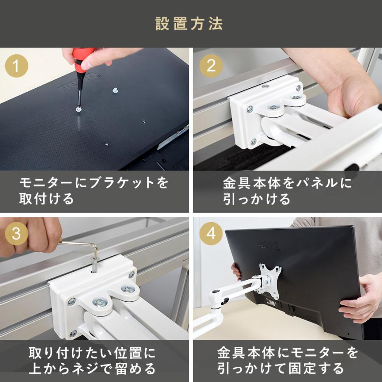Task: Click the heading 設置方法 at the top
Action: (189, 24)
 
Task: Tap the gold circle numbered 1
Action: (17, 66)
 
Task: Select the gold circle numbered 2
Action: (211, 66)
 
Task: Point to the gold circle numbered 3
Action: (17, 233)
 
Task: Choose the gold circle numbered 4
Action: (211, 233)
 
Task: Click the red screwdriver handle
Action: (82, 60)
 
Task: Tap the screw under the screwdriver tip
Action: (79, 109)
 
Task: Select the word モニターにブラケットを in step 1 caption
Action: (94, 183)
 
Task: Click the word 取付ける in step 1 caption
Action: (46, 199)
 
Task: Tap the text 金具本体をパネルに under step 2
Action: (287, 183)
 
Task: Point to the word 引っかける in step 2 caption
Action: (257, 199)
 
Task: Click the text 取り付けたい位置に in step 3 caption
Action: (92, 353)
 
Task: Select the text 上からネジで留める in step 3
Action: (92, 368)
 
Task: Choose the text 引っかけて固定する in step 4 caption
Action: (281, 368)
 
